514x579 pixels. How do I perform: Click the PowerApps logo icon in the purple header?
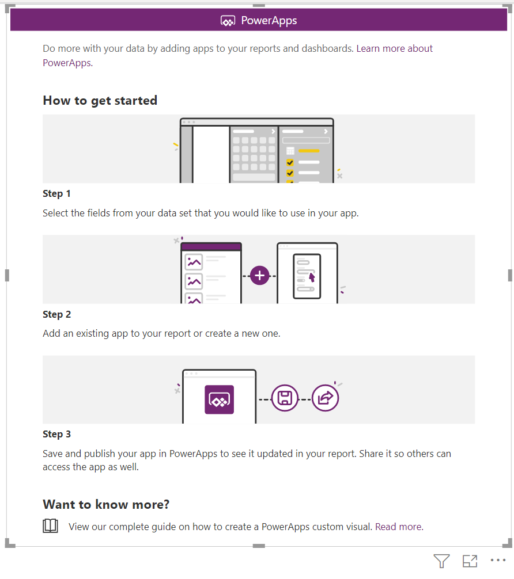[x=228, y=21]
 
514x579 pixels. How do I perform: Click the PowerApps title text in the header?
[x=269, y=21]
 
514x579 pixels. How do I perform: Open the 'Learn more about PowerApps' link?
[x=238, y=55]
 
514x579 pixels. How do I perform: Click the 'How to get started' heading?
[x=100, y=101]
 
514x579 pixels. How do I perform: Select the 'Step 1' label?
[x=56, y=193]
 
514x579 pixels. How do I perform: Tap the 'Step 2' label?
[x=56, y=314]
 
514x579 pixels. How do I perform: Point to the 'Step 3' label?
[x=56, y=434]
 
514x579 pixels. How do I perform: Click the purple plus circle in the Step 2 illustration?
[x=259, y=276]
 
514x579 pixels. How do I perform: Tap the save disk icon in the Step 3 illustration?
[x=285, y=398]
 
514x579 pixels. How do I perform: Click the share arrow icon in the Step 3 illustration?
[x=325, y=398]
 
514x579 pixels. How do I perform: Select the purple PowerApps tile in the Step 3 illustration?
[x=220, y=399]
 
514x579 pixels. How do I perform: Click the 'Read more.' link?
[x=399, y=527]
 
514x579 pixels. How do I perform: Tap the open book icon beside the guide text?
[x=50, y=526]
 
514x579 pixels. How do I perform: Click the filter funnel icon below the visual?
[x=441, y=561]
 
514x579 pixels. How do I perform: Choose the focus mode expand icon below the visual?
[x=470, y=561]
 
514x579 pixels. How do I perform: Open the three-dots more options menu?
[x=498, y=560]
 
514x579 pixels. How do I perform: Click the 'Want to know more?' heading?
[x=106, y=504]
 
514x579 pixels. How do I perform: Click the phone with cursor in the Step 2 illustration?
[x=307, y=276]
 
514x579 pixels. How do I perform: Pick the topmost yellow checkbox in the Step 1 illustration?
[x=290, y=162]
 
